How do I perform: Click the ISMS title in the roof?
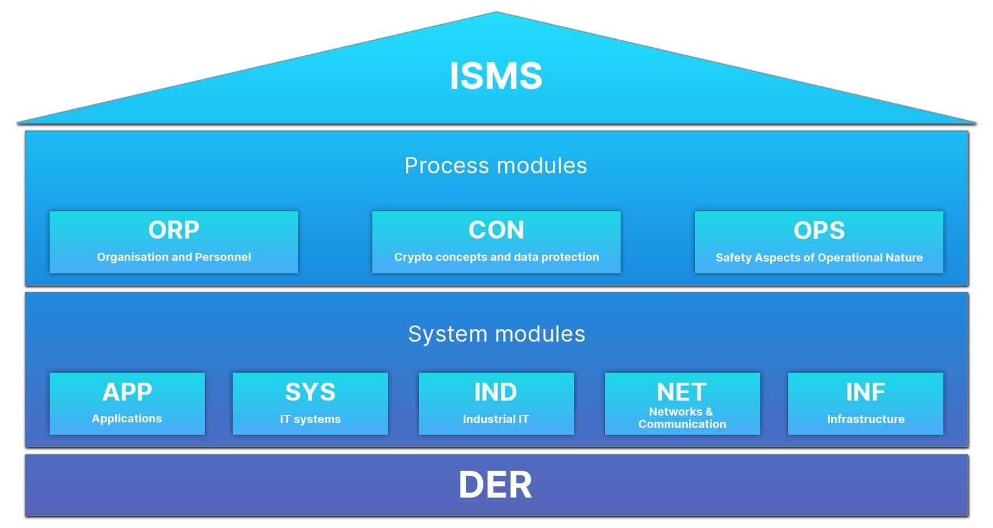(x=496, y=76)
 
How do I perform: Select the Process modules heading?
(x=496, y=166)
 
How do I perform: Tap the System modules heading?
(x=496, y=334)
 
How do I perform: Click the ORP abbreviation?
(x=174, y=230)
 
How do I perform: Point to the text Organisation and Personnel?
(x=174, y=257)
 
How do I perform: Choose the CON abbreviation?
(x=496, y=230)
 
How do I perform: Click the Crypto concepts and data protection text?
(x=496, y=257)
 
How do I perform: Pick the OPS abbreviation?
(x=819, y=230)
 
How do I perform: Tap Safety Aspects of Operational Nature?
(x=819, y=258)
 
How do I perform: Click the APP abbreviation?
(x=127, y=392)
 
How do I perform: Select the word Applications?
(x=127, y=419)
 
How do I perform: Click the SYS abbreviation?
(x=310, y=392)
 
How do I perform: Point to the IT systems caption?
(x=310, y=419)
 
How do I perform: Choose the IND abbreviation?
(x=496, y=392)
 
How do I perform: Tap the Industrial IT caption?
(x=496, y=419)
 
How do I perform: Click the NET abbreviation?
(x=682, y=392)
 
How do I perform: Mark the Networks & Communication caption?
(x=682, y=418)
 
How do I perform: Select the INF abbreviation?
(x=866, y=392)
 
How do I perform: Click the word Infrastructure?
(x=866, y=419)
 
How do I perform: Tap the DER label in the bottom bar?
(x=496, y=485)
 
